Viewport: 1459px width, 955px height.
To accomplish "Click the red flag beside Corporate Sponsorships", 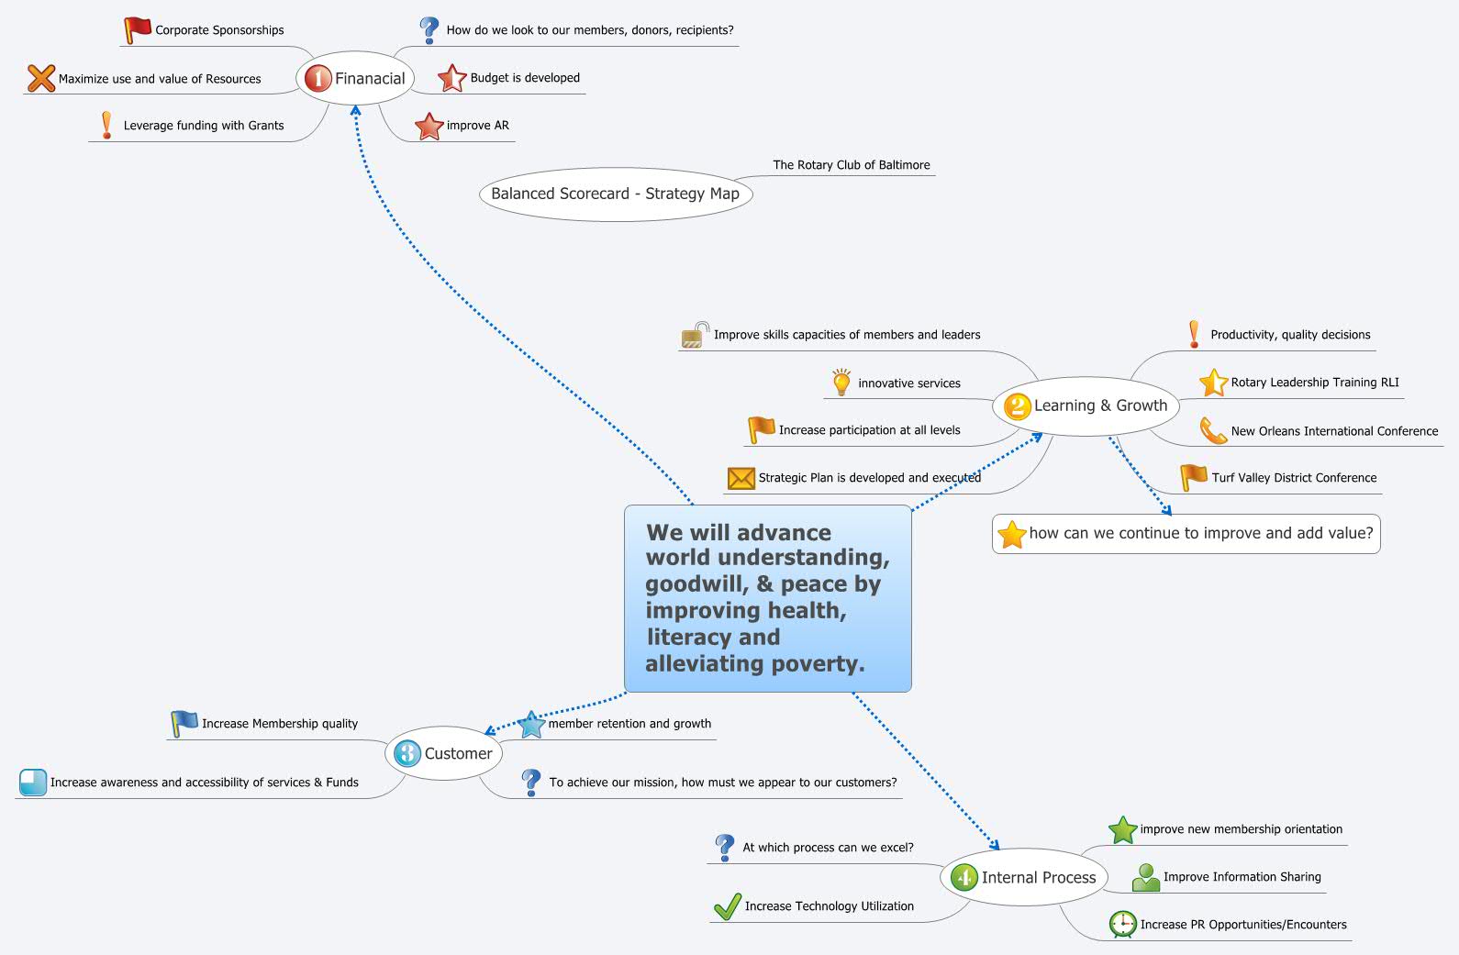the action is click(138, 30).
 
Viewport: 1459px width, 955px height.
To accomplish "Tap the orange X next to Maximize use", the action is click(41, 78).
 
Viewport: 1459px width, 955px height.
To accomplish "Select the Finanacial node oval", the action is click(355, 78).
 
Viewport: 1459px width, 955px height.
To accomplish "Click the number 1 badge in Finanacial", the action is click(317, 79).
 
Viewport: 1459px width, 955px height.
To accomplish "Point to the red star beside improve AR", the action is click(429, 126).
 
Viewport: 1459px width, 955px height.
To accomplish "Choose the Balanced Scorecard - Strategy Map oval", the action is click(616, 194).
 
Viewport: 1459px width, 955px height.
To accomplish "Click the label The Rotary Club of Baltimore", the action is click(852, 165).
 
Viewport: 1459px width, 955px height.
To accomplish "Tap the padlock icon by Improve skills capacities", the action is click(695, 335).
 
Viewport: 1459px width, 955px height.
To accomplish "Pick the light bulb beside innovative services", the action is click(841, 383).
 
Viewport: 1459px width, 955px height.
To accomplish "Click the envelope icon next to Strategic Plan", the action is click(741, 478).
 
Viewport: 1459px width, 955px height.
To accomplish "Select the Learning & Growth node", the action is click(1086, 405).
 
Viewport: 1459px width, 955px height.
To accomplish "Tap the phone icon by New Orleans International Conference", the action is click(1213, 430).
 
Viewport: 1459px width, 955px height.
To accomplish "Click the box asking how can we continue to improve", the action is click(1186, 534).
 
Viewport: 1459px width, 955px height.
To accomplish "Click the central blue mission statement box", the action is click(768, 598).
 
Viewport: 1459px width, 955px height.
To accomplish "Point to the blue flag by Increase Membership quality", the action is click(184, 723).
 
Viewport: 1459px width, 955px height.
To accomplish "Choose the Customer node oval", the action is click(443, 753).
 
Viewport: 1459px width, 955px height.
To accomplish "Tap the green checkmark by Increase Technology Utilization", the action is click(728, 906).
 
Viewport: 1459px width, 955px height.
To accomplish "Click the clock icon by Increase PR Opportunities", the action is click(1122, 925).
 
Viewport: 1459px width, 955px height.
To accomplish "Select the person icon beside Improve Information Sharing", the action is click(1146, 878).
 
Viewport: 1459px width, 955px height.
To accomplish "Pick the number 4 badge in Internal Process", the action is click(964, 878).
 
